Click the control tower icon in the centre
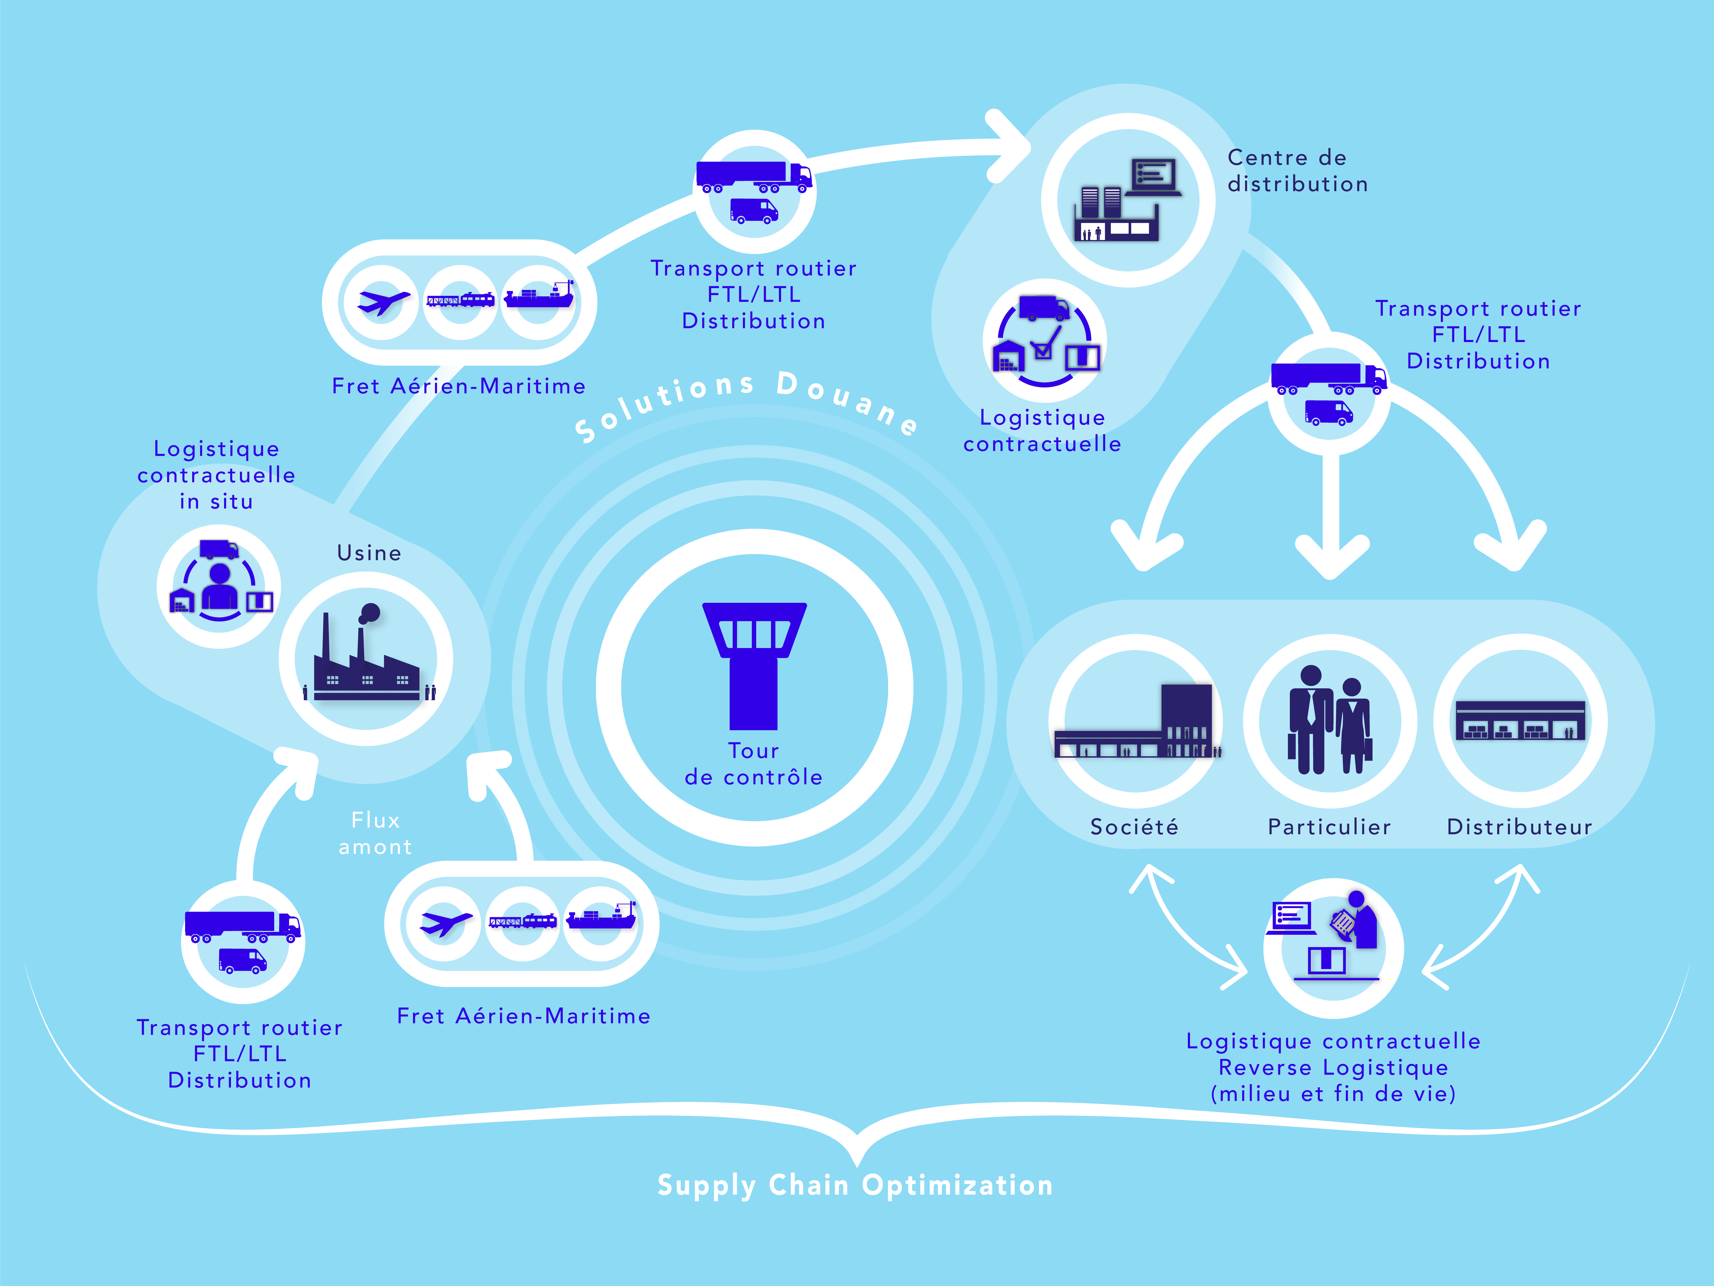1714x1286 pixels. point(754,665)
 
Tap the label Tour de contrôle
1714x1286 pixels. point(754,764)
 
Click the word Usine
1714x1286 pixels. point(369,553)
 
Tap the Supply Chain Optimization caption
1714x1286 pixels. point(855,1185)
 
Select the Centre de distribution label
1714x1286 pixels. point(1298,171)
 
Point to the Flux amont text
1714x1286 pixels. point(376,833)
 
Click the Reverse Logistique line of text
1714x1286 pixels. point(1334,1067)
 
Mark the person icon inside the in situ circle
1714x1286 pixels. point(220,587)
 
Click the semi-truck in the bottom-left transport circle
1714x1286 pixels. point(243,926)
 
